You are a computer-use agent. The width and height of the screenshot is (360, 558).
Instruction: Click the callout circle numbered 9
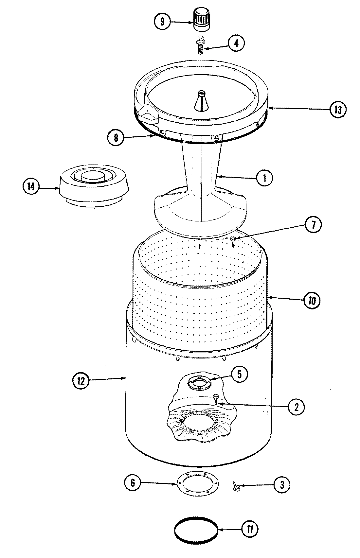coord(162,22)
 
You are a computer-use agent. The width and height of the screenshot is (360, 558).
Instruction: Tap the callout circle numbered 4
coord(236,44)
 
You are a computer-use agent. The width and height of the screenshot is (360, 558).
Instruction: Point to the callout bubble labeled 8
coord(116,138)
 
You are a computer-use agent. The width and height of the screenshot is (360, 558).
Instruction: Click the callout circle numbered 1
coord(264,178)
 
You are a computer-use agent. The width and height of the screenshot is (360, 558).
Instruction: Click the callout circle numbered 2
coord(296,407)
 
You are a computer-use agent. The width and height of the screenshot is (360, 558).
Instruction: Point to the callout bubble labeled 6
coord(133,483)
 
